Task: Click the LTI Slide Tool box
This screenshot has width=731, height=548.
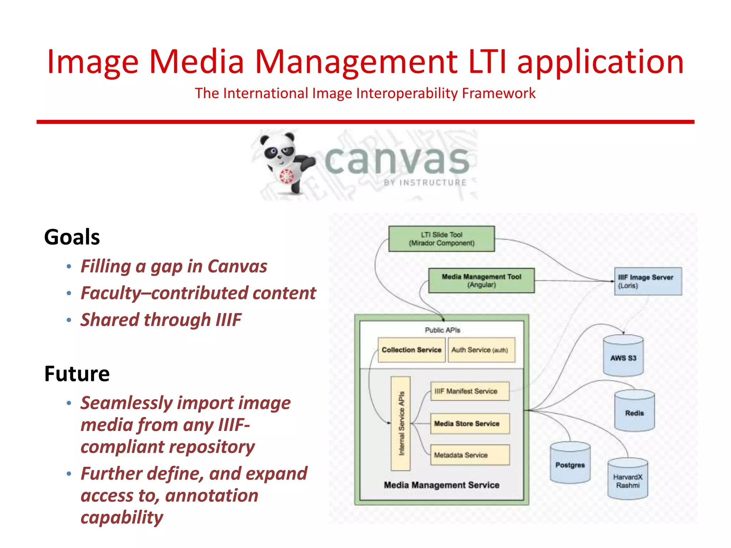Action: [442, 239]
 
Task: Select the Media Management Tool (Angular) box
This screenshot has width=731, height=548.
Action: [481, 281]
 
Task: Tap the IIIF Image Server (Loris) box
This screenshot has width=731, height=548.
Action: [648, 281]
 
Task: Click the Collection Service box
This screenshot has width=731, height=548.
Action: [411, 350]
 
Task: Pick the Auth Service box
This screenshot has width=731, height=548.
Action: [481, 350]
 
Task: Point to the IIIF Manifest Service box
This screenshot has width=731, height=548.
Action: [470, 391]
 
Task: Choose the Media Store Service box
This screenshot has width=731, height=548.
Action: [470, 423]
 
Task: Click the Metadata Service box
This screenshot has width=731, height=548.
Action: [470, 455]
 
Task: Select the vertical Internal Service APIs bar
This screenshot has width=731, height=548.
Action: [400, 423]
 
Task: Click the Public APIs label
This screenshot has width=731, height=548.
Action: [442, 330]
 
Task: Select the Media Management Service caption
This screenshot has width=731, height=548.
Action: [442, 485]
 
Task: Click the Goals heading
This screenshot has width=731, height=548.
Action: [72, 237]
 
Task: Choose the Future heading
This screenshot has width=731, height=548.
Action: [77, 374]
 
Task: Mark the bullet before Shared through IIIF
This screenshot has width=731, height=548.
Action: [69, 320]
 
